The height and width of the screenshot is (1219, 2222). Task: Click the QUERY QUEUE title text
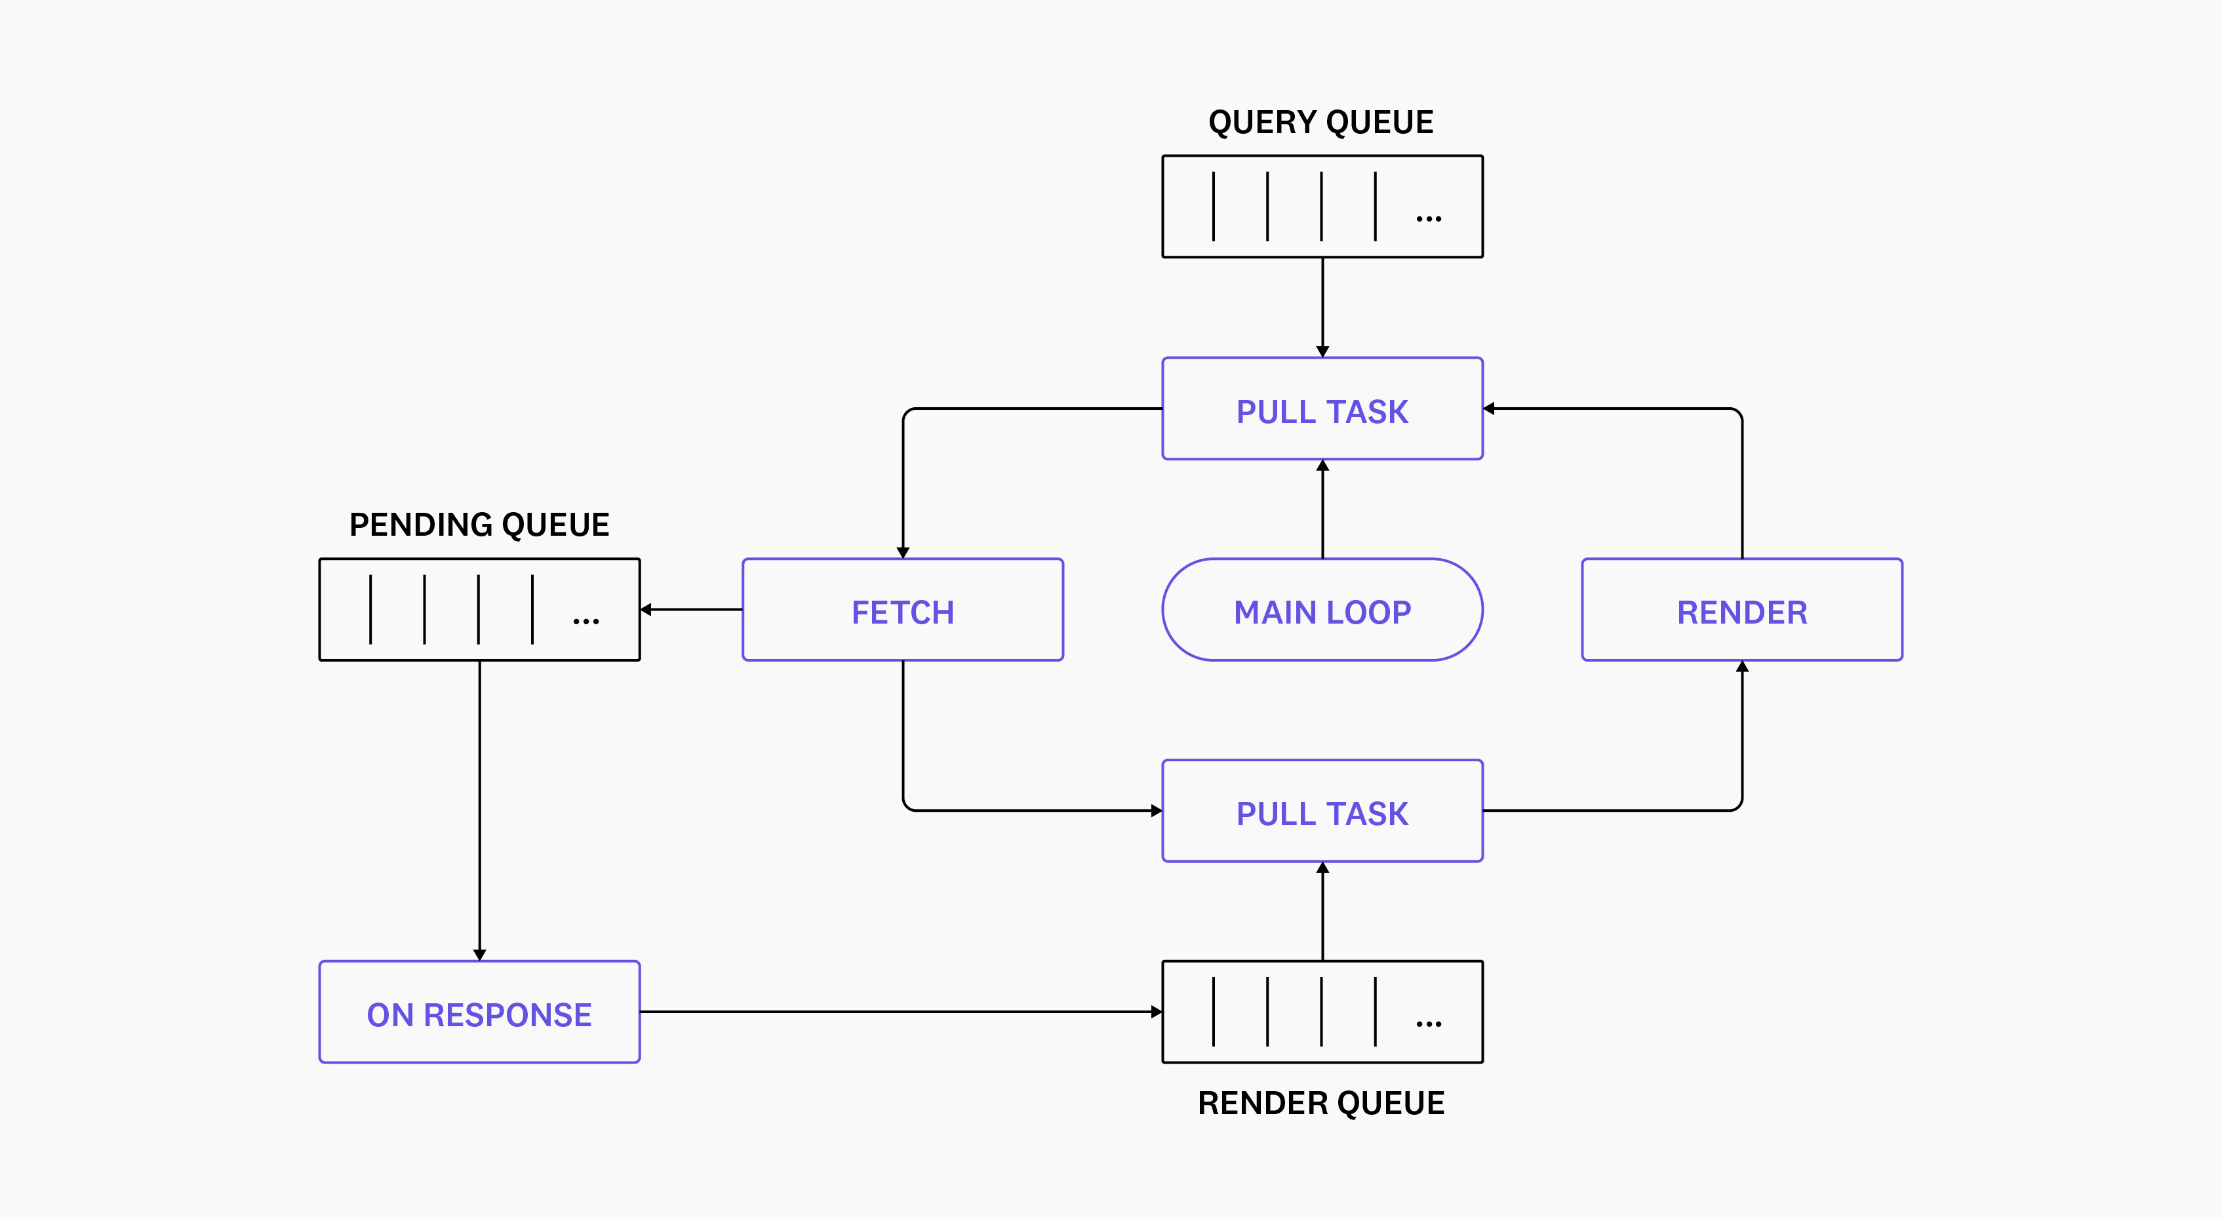1320,123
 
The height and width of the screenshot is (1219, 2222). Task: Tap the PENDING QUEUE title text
479,525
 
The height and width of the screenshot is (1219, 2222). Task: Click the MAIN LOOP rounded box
1322,610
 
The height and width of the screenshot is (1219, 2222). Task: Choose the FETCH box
902,610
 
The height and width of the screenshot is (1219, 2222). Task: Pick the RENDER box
1741,610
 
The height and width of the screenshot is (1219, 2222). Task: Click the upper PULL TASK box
1322,409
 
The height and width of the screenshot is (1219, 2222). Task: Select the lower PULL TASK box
1322,811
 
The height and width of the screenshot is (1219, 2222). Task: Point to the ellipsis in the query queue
1429,219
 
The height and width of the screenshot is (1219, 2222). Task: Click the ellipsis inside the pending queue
585,621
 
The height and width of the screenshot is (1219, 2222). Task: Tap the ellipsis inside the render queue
1429,1024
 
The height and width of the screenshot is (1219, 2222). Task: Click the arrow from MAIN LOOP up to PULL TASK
1322,509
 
